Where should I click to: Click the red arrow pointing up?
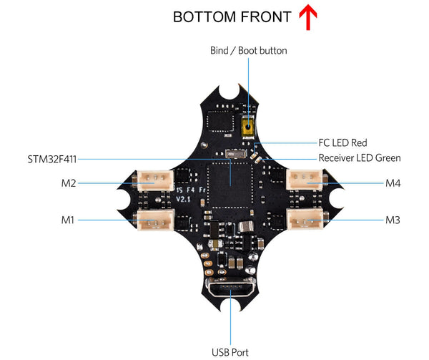307,17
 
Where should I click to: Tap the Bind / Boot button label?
248,51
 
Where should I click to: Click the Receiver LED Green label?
360,157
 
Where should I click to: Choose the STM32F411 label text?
54,158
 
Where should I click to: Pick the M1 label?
68,220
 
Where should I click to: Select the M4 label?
393,184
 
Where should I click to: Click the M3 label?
393,220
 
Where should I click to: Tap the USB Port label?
231,351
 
